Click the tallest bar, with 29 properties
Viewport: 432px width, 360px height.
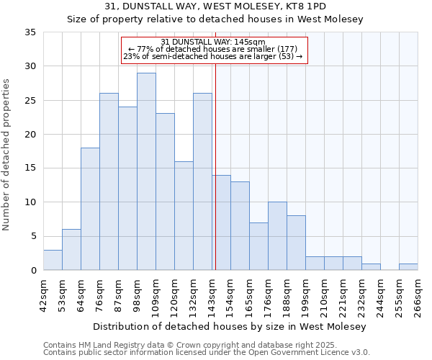click(x=146, y=171)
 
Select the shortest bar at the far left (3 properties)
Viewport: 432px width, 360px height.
click(x=53, y=260)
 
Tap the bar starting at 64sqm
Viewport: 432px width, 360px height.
click(x=90, y=209)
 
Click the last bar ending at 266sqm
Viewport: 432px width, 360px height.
click(x=408, y=266)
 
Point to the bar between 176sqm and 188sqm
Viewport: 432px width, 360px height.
click(x=277, y=236)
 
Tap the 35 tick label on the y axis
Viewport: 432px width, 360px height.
click(x=30, y=32)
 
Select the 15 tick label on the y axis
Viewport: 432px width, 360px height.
click(x=30, y=168)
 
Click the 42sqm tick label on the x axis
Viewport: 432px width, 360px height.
click(x=44, y=294)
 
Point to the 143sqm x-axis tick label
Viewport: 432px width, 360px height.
click(x=212, y=294)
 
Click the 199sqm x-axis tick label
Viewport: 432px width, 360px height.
click(x=306, y=294)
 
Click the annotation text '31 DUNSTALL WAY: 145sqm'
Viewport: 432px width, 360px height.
click(x=213, y=42)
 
